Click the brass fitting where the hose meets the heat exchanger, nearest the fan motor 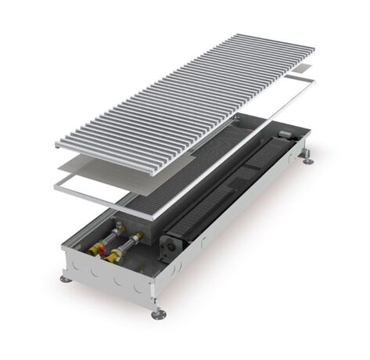[138, 234]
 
